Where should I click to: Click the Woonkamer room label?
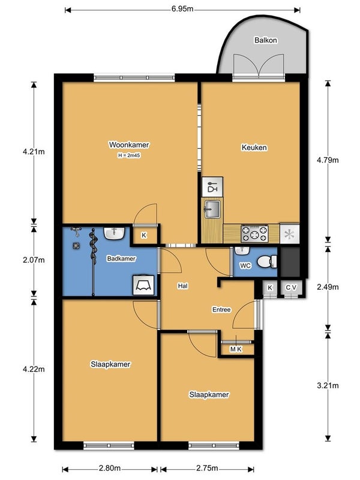pyautogui.click(x=129, y=145)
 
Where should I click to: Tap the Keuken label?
pyautogui.click(x=254, y=148)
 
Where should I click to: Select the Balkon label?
pyautogui.click(x=266, y=40)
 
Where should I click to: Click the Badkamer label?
pyautogui.click(x=121, y=259)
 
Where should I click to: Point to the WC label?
pyautogui.click(x=245, y=265)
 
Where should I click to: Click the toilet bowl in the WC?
pyautogui.click(x=266, y=262)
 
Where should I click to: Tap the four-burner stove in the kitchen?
pyautogui.click(x=254, y=234)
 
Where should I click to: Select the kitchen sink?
pyautogui.click(x=212, y=209)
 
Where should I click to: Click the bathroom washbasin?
pyautogui.click(x=114, y=233)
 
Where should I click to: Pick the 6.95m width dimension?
pyautogui.click(x=182, y=9)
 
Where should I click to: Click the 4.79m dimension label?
pyautogui.click(x=328, y=160)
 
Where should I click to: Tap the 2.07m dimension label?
pyautogui.click(x=34, y=260)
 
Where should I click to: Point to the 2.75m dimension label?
pyautogui.click(x=207, y=469)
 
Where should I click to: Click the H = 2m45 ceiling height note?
pyautogui.click(x=129, y=155)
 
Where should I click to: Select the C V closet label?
pyautogui.click(x=291, y=287)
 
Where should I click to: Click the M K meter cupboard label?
pyautogui.click(x=236, y=349)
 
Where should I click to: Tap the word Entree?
pyautogui.click(x=221, y=310)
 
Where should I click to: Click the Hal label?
pyautogui.click(x=183, y=286)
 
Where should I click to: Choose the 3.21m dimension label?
pyautogui.click(x=328, y=385)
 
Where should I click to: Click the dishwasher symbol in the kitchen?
pyautogui.click(x=212, y=187)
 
